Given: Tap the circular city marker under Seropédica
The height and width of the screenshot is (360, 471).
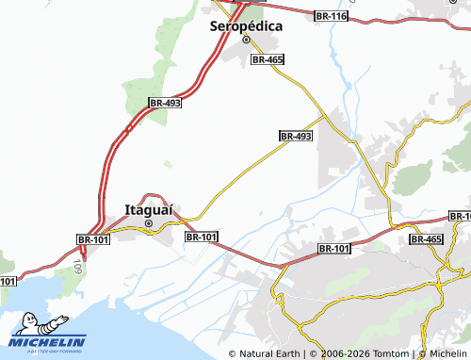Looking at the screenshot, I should coord(247,41).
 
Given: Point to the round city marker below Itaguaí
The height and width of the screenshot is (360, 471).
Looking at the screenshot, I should coord(148,223).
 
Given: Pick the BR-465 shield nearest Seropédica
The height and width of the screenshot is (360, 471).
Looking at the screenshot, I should coord(268,59).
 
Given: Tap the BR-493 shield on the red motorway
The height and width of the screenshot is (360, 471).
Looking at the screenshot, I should coord(165,102).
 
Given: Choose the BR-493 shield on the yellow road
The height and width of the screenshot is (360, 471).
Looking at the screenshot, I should coord(296,137).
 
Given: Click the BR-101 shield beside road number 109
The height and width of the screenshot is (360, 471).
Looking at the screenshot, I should coord(93,241).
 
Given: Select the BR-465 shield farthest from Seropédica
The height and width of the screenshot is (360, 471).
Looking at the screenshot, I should coord(426,240).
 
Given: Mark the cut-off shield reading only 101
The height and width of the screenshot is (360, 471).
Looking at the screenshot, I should coord(8,281).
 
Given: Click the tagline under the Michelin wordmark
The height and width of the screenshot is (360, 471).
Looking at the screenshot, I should coord(47,350).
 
